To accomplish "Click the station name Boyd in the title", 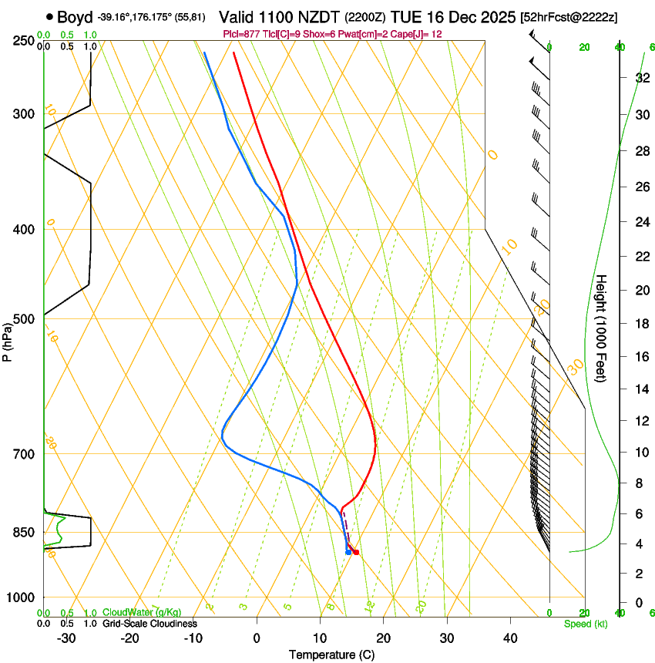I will coord(74,17).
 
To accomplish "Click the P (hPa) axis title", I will coord(7,338).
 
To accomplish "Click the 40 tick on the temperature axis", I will coord(509,638).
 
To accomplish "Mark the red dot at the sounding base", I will coord(355,552).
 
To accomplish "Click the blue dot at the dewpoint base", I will coord(348,552).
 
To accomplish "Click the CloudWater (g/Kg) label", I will coord(142,613).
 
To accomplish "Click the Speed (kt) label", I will coord(585,624).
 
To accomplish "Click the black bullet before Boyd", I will coord(50,17).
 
